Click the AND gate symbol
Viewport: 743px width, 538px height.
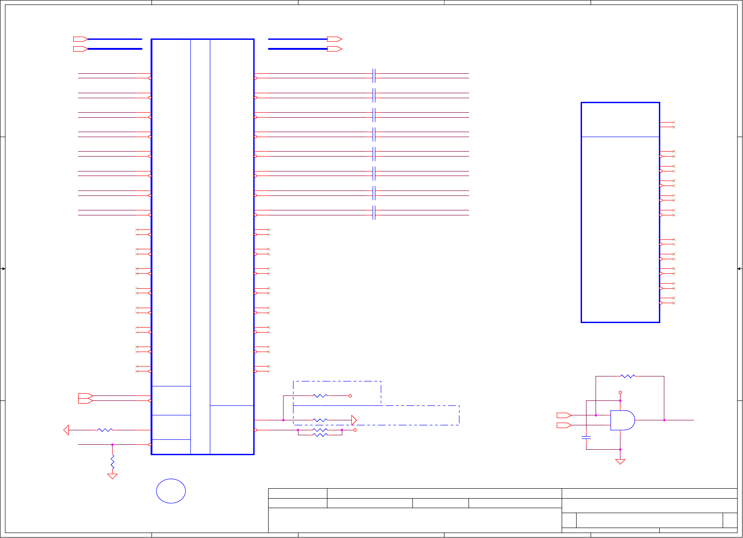(622, 420)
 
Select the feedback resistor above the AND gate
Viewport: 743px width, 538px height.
(628, 376)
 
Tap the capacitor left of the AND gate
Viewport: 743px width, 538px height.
(586, 438)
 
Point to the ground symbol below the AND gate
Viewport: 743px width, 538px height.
(620, 462)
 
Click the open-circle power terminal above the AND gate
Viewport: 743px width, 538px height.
(620, 392)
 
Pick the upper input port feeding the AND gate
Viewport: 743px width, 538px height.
(563, 415)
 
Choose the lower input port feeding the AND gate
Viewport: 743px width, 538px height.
(563, 425)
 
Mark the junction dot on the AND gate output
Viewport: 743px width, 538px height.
(664, 420)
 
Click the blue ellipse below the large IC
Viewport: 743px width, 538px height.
(171, 491)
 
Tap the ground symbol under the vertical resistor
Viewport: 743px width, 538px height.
(112, 476)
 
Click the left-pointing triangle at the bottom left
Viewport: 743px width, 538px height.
(66, 430)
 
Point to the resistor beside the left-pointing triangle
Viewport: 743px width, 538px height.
(105, 430)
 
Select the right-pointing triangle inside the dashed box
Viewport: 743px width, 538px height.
(354, 420)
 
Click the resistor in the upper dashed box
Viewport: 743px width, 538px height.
(320, 396)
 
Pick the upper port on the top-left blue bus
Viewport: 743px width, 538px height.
(80, 39)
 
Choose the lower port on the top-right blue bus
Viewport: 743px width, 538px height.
(334, 49)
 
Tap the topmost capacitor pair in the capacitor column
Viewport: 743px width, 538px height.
(374, 76)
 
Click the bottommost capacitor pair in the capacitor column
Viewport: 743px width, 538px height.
(374, 213)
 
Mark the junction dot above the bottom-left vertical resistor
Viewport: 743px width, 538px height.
(112, 445)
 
